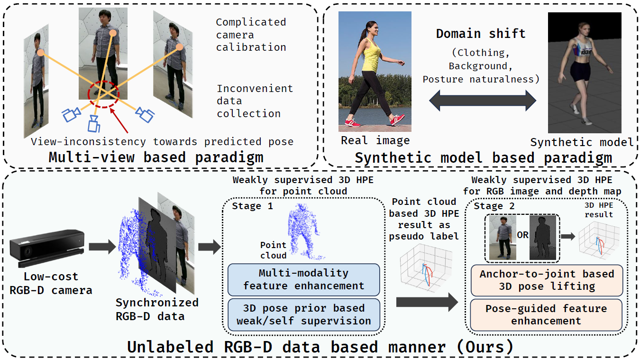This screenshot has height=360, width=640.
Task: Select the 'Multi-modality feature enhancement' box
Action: [304, 279]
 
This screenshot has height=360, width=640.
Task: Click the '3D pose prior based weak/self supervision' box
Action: [304, 314]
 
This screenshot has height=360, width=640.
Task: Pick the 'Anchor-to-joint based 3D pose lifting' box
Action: [546, 280]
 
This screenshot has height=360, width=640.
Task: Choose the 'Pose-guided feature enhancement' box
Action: [546, 314]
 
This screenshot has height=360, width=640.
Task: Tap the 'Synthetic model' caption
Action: [582, 142]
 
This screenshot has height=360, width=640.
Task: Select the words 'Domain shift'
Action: [481, 34]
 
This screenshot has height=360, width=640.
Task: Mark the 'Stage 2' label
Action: [488, 206]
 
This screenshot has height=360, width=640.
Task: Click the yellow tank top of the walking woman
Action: [371, 53]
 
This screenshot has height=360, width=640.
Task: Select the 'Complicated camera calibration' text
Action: [251, 35]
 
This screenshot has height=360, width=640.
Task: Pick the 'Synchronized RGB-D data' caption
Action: [157, 309]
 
